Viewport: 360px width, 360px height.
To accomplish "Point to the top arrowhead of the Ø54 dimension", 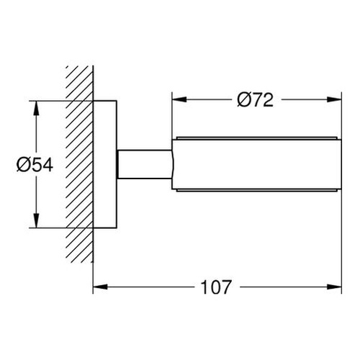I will (35, 105).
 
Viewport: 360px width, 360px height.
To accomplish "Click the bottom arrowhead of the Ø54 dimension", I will (35, 225).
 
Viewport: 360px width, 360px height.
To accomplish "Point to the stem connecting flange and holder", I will (144, 165).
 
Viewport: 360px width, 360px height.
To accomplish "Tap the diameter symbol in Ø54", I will (22, 165).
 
